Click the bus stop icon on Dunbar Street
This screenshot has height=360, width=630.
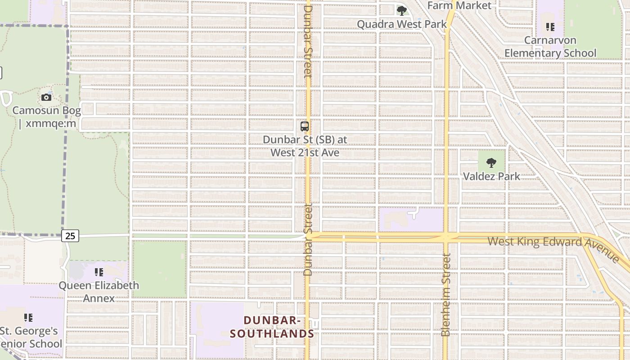[x=305, y=126]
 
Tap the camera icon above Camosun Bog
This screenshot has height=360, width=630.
[x=46, y=97]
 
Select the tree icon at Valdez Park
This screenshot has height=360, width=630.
[x=491, y=163]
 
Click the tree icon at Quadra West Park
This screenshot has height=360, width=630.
[x=401, y=10]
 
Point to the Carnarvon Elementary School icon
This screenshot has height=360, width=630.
[x=550, y=27]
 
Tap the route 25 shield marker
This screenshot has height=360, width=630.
[x=71, y=235]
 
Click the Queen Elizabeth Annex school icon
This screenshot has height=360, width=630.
[x=99, y=272]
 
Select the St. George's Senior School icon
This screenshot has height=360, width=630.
[x=28, y=318]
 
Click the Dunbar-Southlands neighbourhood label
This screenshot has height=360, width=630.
[x=272, y=327]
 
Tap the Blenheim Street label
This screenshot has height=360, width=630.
[x=445, y=295]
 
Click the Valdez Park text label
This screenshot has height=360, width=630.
[x=491, y=176]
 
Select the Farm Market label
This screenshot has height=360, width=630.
[x=459, y=5]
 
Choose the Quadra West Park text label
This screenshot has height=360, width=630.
[x=402, y=24]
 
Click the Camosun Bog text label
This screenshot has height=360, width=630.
[x=47, y=117]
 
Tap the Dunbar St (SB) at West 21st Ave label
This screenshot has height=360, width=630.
[x=305, y=146]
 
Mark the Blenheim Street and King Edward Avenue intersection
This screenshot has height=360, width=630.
[x=446, y=237]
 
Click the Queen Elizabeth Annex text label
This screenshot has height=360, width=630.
[x=99, y=292]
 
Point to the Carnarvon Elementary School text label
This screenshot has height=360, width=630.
[x=550, y=47]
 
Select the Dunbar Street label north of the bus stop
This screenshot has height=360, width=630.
[x=308, y=41]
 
